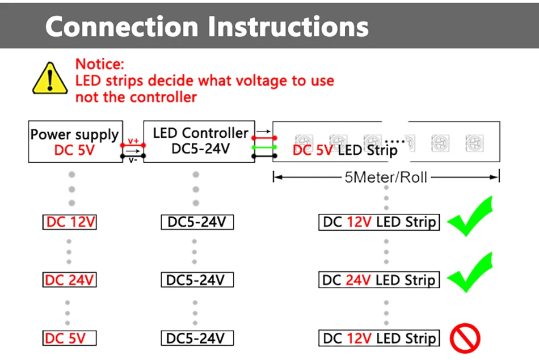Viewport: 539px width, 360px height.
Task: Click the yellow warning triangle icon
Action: pyautogui.click(x=50, y=78)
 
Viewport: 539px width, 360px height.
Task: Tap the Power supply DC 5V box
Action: pyautogui.click(x=75, y=142)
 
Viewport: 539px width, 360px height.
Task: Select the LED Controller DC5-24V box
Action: pyautogui.click(x=199, y=141)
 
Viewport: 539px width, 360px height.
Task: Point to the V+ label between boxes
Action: pyautogui.click(x=133, y=141)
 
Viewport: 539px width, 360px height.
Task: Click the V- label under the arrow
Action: pyautogui.click(x=133, y=160)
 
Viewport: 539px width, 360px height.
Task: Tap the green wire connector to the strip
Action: pyautogui.click(x=264, y=147)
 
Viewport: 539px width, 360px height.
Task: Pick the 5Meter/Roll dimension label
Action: pyautogui.click(x=386, y=177)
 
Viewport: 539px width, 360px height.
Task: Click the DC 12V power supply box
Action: pyautogui.click(x=70, y=222)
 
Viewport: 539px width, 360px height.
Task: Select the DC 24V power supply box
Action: pyautogui.click(x=70, y=280)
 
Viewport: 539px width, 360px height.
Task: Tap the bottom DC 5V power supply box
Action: pyautogui.click(x=70, y=338)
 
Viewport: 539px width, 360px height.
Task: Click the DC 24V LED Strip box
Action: pyautogui.click(x=379, y=280)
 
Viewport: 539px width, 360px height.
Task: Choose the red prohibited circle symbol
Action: pyautogui.click(x=465, y=338)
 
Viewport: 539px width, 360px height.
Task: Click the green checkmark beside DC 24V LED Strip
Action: pyautogui.click(x=470, y=272)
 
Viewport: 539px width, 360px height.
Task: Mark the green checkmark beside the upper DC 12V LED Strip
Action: pyautogui.click(x=470, y=216)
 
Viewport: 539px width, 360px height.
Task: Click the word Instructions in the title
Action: pyautogui.click(x=288, y=27)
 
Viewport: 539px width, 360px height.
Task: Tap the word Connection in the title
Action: pyautogui.click(x=122, y=27)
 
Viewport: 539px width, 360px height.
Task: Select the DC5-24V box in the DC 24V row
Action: pyautogui.click(x=197, y=280)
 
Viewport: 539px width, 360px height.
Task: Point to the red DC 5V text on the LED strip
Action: pyautogui.click(x=313, y=150)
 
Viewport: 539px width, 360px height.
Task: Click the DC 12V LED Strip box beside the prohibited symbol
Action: pyautogui.click(x=379, y=338)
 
